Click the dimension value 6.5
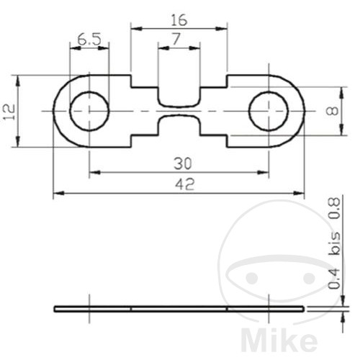pyautogui.click(x=89, y=40)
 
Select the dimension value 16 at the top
pyautogui.click(x=179, y=20)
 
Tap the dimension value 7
pyautogui.click(x=179, y=40)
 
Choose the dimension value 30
pyautogui.click(x=179, y=163)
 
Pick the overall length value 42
pyautogui.click(x=179, y=184)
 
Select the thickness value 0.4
pyautogui.click(x=333, y=277)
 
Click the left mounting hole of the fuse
pyautogui.click(x=89, y=111)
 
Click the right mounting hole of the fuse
pyautogui.click(x=268, y=111)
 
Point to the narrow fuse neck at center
pyautogui.click(x=179, y=111)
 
